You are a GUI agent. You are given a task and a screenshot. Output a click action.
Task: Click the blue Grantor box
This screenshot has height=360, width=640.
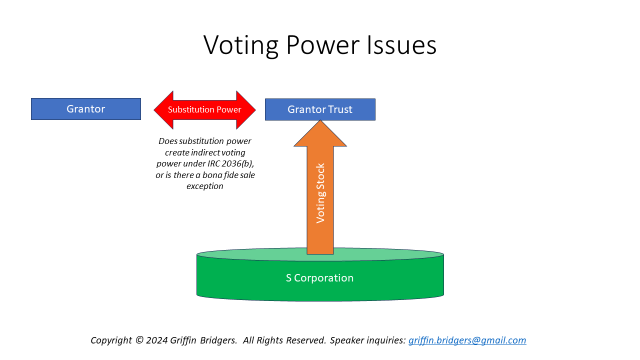coord(86,109)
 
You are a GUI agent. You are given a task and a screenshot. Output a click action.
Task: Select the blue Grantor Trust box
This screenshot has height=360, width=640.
coord(320,109)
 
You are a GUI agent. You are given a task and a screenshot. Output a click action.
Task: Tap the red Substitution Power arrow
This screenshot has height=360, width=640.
coord(204,110)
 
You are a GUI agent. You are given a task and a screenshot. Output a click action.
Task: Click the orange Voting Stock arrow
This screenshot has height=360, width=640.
coord(320,187)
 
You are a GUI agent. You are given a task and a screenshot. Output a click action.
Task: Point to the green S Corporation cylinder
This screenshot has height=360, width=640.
coord(320,274)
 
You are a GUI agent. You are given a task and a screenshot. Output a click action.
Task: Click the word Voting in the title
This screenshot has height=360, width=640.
coord(241,45)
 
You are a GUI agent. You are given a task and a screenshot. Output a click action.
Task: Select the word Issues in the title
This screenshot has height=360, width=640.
coord(401,45)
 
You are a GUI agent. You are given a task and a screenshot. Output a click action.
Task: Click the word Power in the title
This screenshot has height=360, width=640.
coord(322,45)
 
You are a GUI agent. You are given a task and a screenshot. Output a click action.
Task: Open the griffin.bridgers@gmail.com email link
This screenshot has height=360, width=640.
coord(467,340)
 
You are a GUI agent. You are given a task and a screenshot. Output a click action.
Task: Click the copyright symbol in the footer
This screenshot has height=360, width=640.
coord(139,340)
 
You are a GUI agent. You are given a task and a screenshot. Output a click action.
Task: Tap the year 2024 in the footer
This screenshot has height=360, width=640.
coord(157,340)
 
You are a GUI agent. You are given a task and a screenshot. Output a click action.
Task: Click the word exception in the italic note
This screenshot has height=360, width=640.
coord(205,186)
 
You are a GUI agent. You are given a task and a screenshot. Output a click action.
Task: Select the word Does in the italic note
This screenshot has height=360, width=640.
coord(168,141)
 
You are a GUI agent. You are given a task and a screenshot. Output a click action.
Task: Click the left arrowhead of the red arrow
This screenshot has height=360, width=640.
coord(163,110)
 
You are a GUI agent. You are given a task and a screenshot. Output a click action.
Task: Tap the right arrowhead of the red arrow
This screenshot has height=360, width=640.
coord(246,110)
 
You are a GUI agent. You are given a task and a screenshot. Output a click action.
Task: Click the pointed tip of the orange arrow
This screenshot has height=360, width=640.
coord(320,120)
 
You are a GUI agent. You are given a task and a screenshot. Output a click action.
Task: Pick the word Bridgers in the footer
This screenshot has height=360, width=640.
coord(218,340)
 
